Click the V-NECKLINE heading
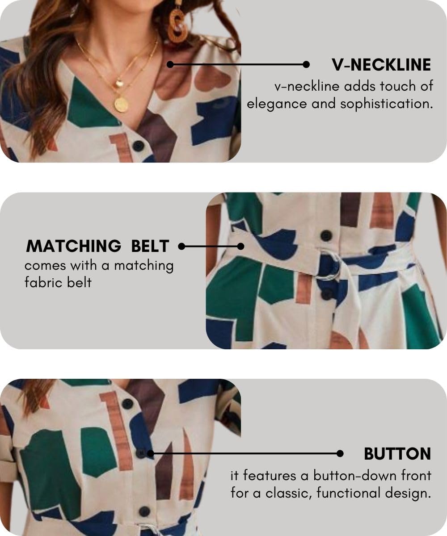pos(381,65)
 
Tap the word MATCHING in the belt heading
pos(73,246)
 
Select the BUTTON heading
pos(397,454)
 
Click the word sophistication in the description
pos(387,104)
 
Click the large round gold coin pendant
pos(121,104)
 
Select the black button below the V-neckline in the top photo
pos(139,146)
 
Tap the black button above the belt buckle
pos(326,236)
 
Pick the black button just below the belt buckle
pos(327,294)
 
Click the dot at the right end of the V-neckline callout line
pos(306,64)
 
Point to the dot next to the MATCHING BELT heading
pos(181,247)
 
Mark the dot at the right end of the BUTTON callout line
pos(340,454)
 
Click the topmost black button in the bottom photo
pos(127,403)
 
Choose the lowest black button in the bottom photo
pos(145,511)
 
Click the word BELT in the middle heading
pos(150,246)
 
